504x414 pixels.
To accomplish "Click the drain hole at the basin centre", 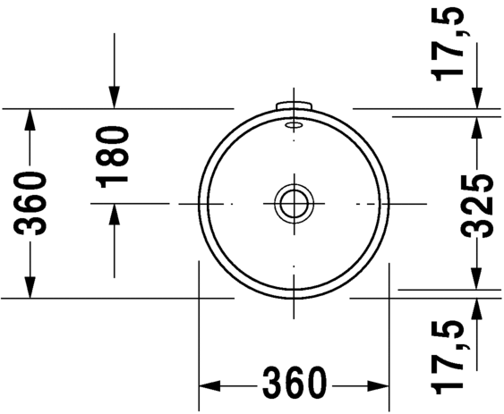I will (294, 203).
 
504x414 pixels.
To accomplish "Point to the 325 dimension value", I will (482, 204).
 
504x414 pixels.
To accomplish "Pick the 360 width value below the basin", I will (294, 384).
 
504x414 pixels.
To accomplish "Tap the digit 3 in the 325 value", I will (482, 227).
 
